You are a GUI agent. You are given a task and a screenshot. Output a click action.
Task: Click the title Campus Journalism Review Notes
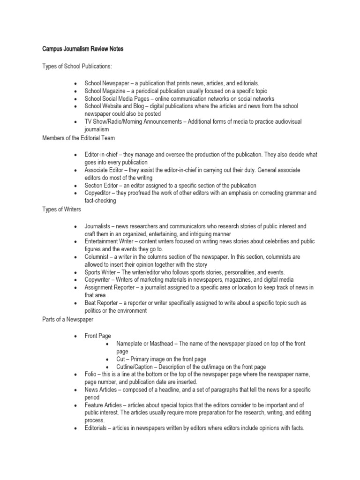(x=82, y=49)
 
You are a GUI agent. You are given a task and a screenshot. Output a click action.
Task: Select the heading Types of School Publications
(x=77, y=67)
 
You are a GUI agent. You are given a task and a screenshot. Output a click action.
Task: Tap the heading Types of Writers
(x=61, y=209)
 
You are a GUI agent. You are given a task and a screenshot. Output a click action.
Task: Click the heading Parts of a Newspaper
(x=68, y=319)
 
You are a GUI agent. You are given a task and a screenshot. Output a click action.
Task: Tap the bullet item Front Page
(x=98, y=336)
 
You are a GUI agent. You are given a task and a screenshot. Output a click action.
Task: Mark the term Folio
(x=91, y=375)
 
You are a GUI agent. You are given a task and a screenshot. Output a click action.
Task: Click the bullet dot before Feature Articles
(x=75, y=405)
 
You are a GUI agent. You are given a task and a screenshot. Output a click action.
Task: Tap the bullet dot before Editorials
(x=75, y=428)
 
